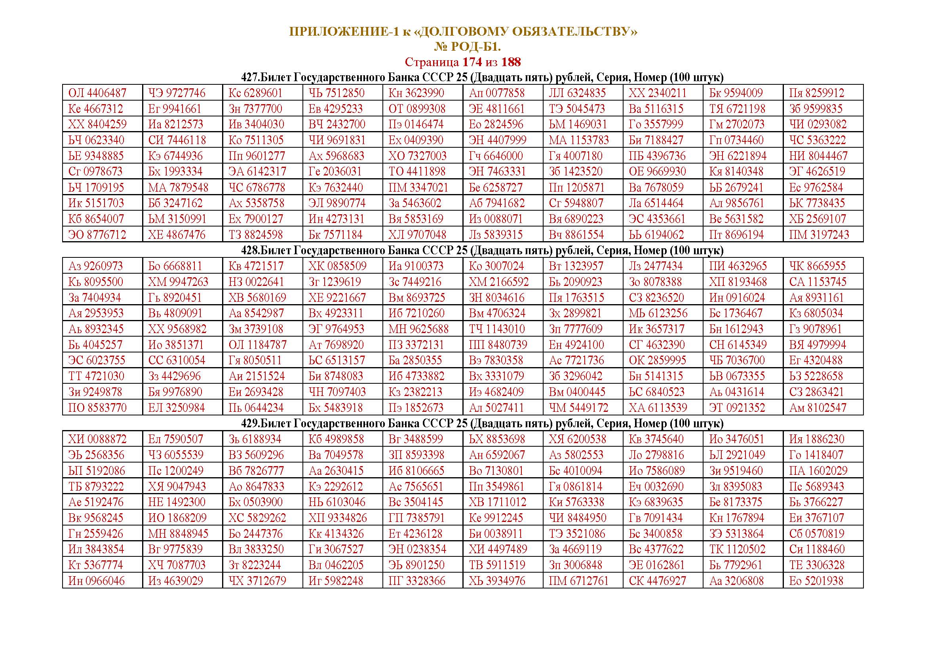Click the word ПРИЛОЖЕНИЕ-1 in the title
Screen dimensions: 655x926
pos(344,32)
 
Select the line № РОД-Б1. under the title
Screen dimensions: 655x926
pos(467,47)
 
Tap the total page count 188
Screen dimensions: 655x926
pos(511,62)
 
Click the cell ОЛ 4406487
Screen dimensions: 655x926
pos(97,93)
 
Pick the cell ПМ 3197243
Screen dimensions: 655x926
pos(819,235)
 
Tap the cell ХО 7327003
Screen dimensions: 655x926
pos(417,156)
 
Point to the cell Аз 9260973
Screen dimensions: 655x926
pos(95,266)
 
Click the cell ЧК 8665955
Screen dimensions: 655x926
pos(817,266)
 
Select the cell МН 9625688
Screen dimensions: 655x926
pos(418,329)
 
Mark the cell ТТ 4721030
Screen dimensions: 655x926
pos(96,376)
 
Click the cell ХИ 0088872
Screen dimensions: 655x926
pos(97,439)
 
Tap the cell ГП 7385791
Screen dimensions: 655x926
pos(416,518)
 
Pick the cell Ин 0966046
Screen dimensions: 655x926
pos(96,581)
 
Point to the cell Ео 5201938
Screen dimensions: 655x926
pos(816,581)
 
